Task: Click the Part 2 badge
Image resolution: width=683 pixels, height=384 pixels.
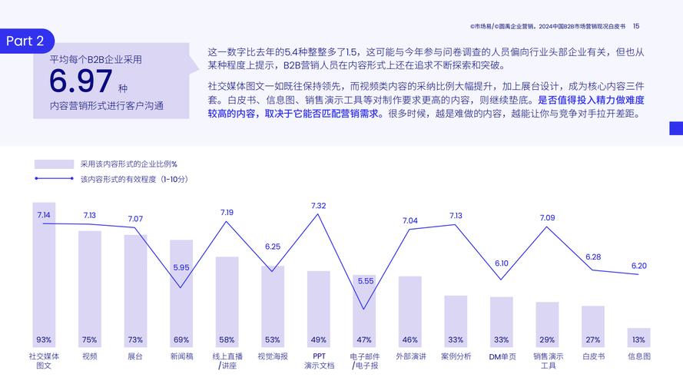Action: (26, 41)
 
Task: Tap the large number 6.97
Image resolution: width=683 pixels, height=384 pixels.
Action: (81, 81)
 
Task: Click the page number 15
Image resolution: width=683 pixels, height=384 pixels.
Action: (635, 26)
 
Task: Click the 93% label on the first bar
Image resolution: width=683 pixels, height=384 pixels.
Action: (44, 339)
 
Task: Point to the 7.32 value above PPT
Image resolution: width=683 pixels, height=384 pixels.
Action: (318, 206)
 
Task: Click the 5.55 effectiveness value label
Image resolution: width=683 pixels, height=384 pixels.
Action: (365, 281)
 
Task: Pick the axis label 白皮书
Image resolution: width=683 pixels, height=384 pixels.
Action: (593, 356)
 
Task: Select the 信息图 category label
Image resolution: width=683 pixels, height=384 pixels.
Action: (638, 356)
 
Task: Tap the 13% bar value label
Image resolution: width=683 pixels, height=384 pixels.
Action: (638, 339)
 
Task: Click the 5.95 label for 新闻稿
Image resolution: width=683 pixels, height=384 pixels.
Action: (181, 267)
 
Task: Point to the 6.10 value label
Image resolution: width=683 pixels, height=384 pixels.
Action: (502, 263)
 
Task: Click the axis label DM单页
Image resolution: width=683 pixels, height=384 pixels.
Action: (502, 356)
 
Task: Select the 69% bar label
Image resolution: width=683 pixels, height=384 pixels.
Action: (181, 339)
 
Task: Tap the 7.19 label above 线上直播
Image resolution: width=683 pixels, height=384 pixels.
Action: (227, 212)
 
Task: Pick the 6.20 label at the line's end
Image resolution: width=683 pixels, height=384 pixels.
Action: (639, 266)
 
